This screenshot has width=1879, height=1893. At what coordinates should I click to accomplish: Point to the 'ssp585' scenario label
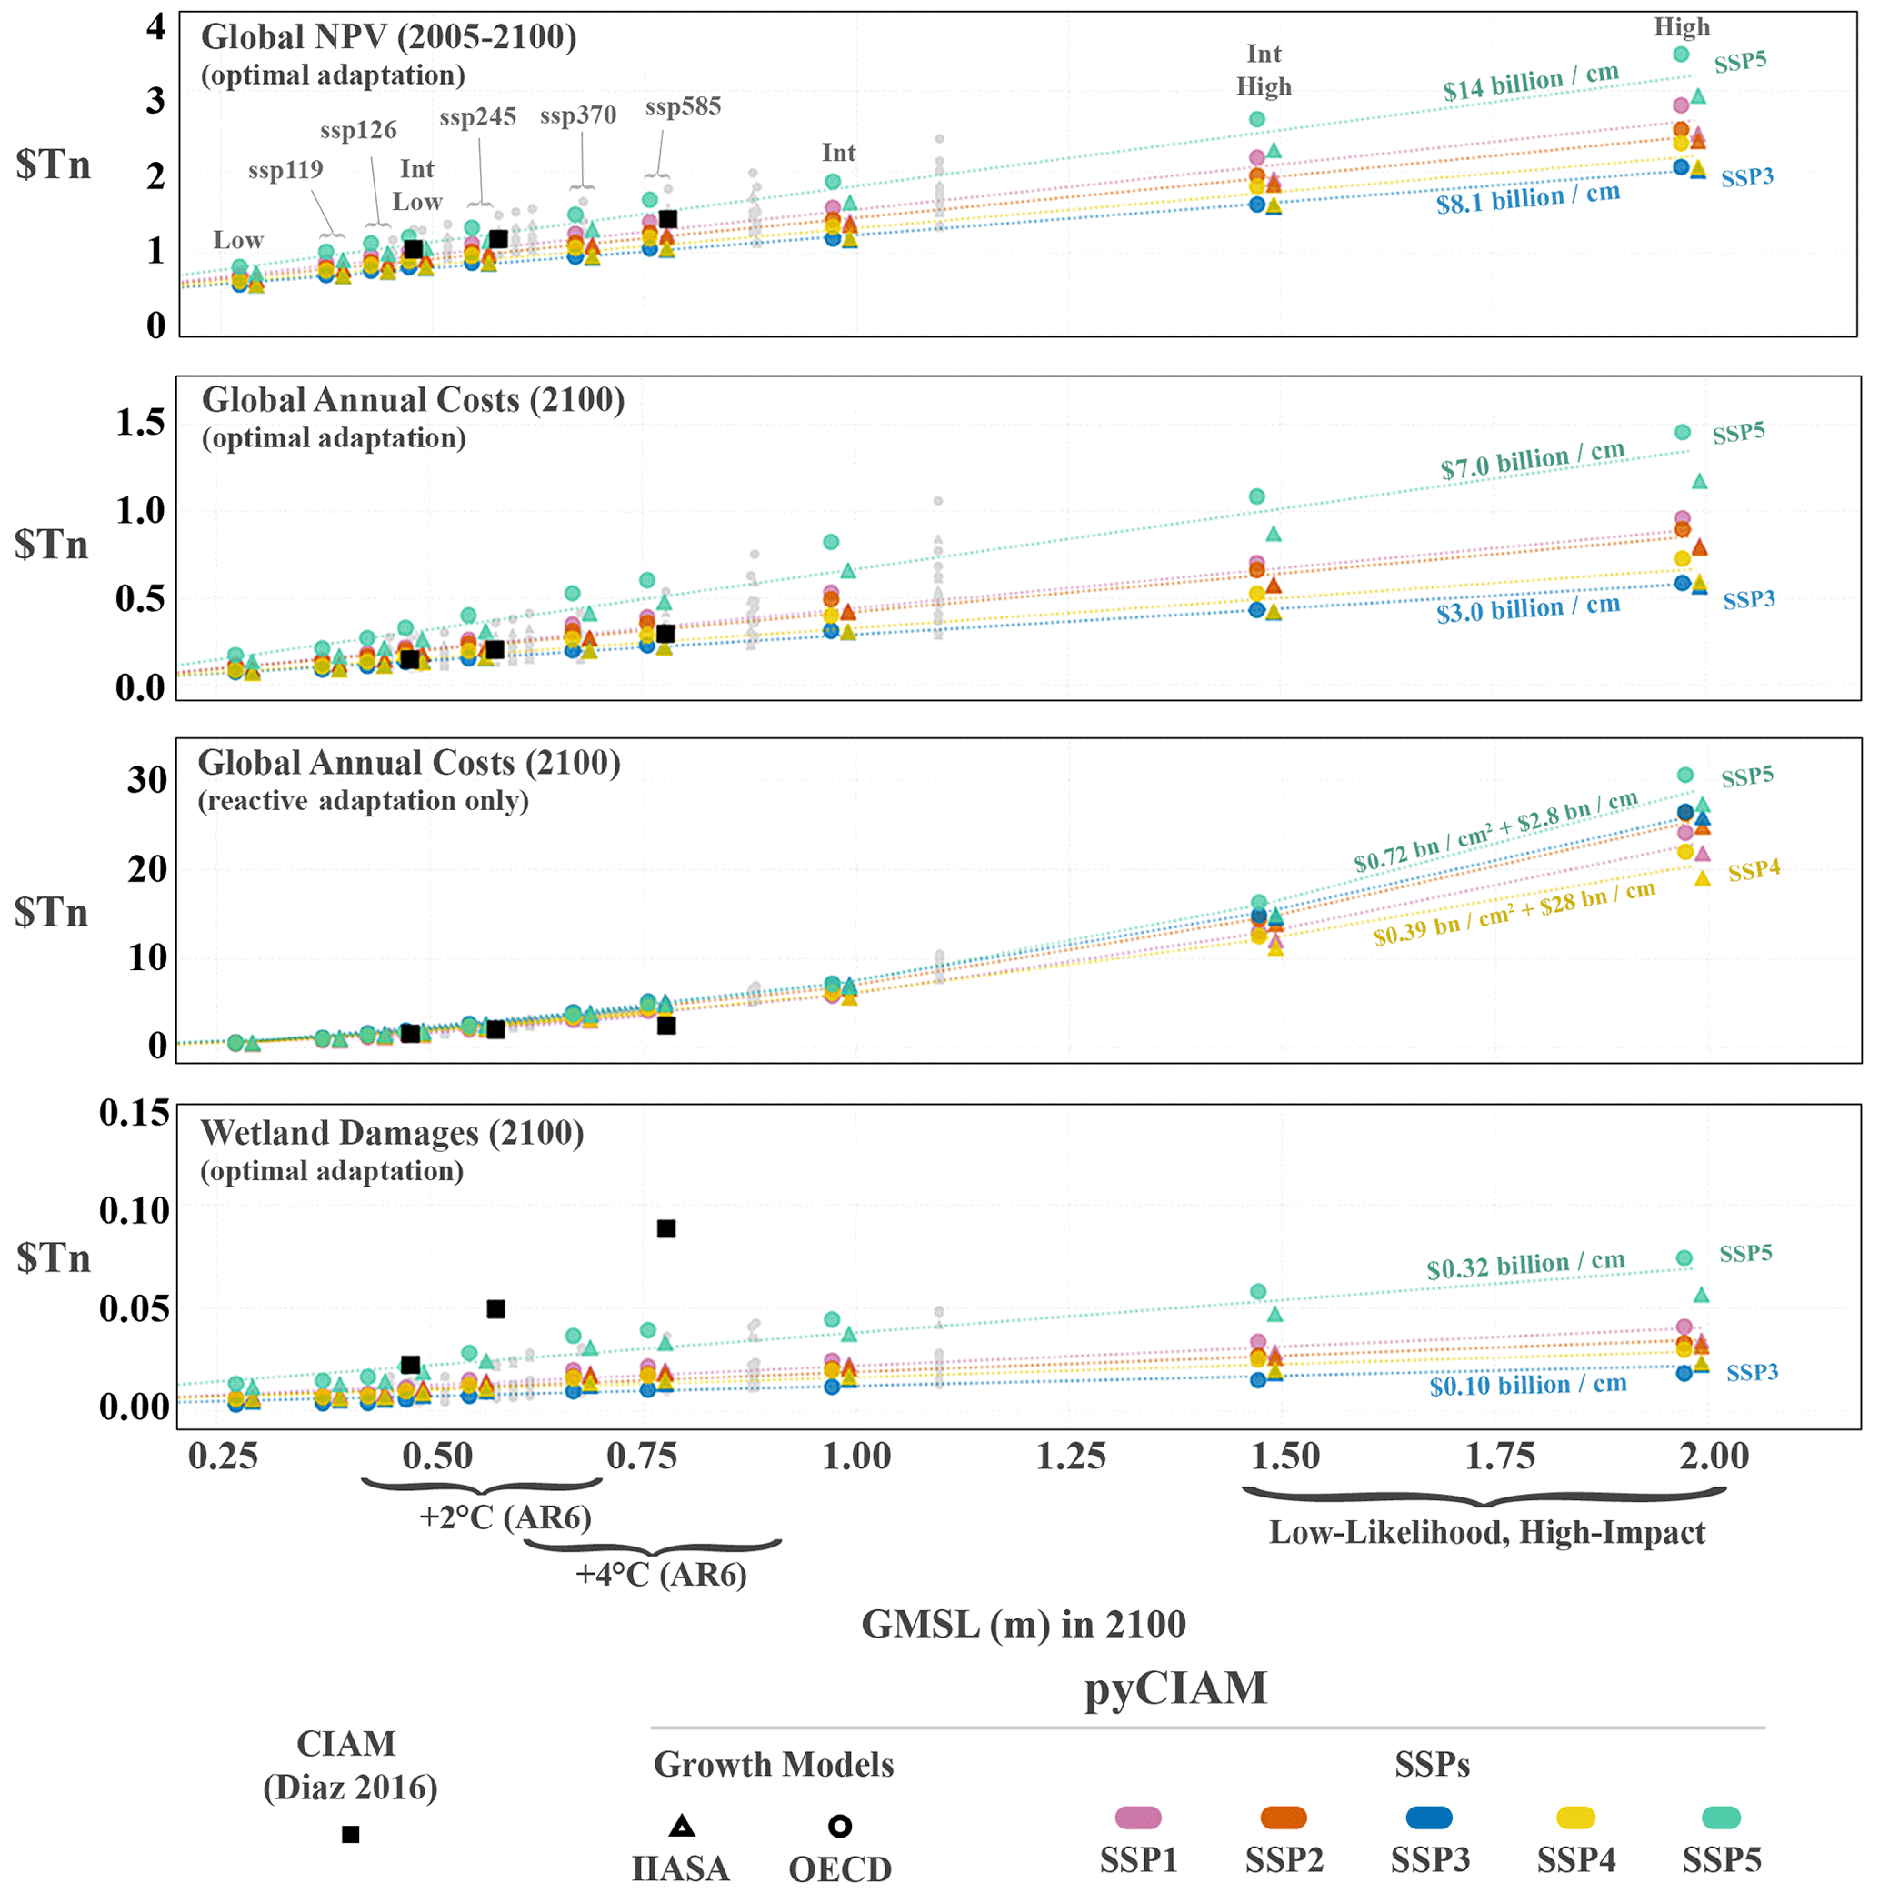click(683, 106)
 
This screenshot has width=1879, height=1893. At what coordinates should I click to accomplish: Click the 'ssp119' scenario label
click(285, 171)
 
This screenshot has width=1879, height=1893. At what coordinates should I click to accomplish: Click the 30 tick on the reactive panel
click(147, 781)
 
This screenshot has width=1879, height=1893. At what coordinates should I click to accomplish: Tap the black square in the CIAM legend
click(351, 1834)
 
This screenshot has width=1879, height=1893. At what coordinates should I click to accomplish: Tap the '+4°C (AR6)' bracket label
click(660, 1576)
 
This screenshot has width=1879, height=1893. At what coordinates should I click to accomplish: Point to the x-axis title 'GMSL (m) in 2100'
click(1023, 1625)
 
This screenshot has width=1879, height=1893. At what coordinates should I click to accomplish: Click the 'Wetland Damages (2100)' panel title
click(392, 1134)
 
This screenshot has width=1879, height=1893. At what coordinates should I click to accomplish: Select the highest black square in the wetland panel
click(666, 1228)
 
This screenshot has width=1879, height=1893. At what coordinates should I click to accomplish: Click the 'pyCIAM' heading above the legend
click(1174, 1688)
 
